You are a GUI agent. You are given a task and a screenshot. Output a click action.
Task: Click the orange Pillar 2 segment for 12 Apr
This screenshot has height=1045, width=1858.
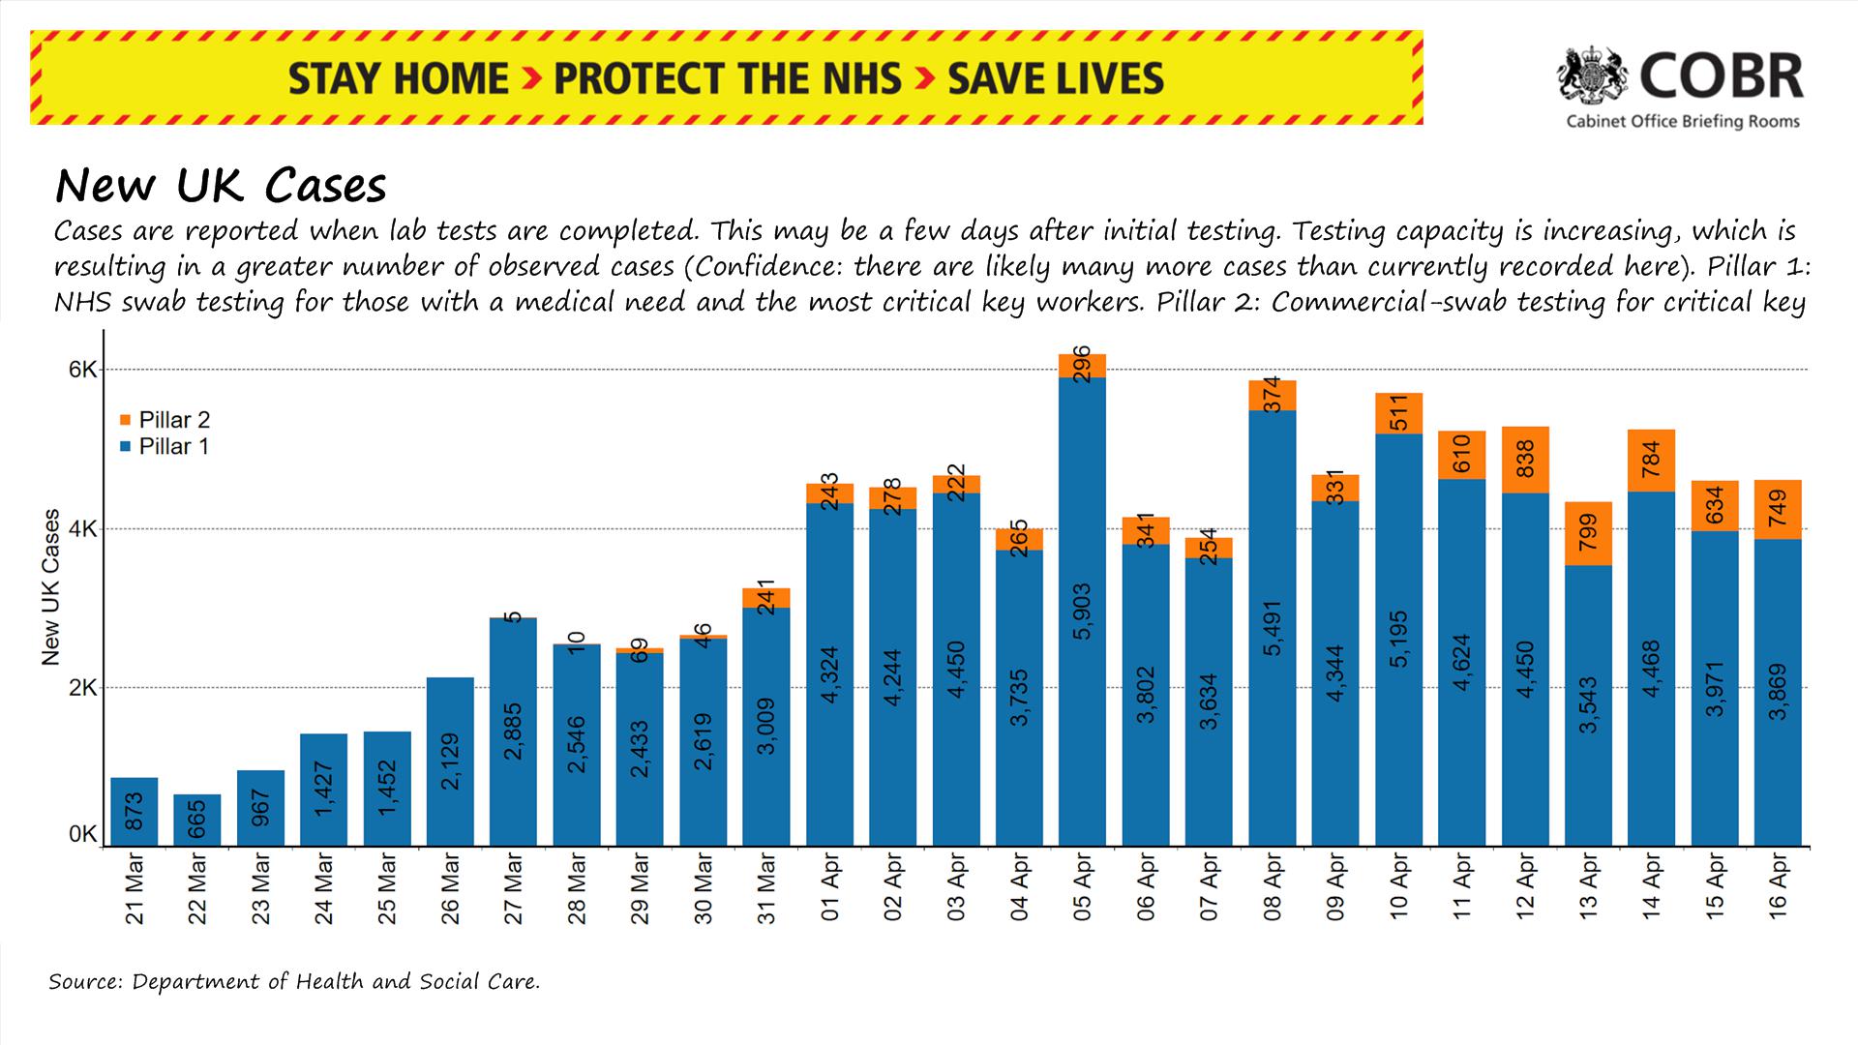[x=1525, y=460]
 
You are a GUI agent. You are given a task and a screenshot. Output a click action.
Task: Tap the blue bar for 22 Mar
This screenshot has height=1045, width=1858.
[x=197, y=821]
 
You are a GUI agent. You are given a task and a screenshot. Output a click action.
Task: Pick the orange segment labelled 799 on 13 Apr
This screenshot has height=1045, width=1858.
[x=1588, y=533]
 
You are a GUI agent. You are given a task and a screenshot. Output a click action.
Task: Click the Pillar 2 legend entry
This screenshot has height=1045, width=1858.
[x=165, y=420]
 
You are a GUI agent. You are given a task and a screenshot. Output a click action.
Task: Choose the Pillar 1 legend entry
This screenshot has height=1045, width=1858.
[x=165, y=447]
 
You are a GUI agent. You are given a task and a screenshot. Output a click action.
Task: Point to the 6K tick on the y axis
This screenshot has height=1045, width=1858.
[x=82, y=370]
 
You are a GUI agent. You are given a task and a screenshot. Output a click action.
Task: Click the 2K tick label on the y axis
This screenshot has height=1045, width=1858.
[x=82, y=688]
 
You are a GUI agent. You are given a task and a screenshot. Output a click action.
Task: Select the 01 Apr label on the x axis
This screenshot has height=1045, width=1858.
[x=830, y=887]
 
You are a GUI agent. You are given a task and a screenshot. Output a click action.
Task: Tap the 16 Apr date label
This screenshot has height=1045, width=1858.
[x=1779, y=887]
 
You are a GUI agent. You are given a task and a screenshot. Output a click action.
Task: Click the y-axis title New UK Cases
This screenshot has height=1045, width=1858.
[x=51, y=587]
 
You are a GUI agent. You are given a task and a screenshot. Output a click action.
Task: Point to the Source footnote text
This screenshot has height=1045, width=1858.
[x=294, y=981]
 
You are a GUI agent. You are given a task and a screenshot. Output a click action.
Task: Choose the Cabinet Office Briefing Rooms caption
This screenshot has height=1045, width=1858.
[x=1683, y=122]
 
